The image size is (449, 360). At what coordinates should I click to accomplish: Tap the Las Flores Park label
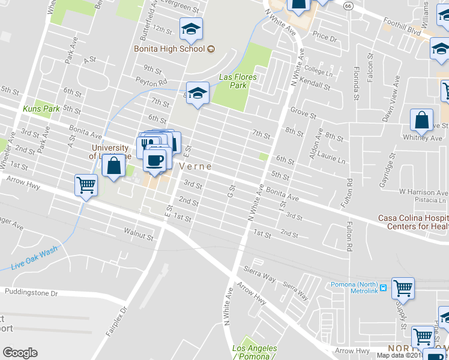pyautogui.click(x=238, y=81)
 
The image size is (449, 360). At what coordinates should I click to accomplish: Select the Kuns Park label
pyautogui.click(x=41, y=109)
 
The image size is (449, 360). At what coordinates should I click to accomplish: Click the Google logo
pyautogui.click(x=20, y=353)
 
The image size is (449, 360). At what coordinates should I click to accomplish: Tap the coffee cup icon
pyautogui.click(x=155, y=160)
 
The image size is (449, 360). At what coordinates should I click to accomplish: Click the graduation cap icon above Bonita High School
pyautogui.click(x=191, y=29)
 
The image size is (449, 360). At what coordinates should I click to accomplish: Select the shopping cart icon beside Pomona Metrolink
pyautogui.click(x=403, y=287)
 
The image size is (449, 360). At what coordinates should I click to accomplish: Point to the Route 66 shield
pyautogui.click(x=349, y=5)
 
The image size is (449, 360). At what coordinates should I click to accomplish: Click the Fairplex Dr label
pyautogui.click(x=122, y=319)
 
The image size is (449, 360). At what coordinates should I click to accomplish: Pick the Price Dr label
pyautogui.click(x=325, y=37)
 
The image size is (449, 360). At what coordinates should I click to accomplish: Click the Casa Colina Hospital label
pyautogui.click(x=413, y=222)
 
